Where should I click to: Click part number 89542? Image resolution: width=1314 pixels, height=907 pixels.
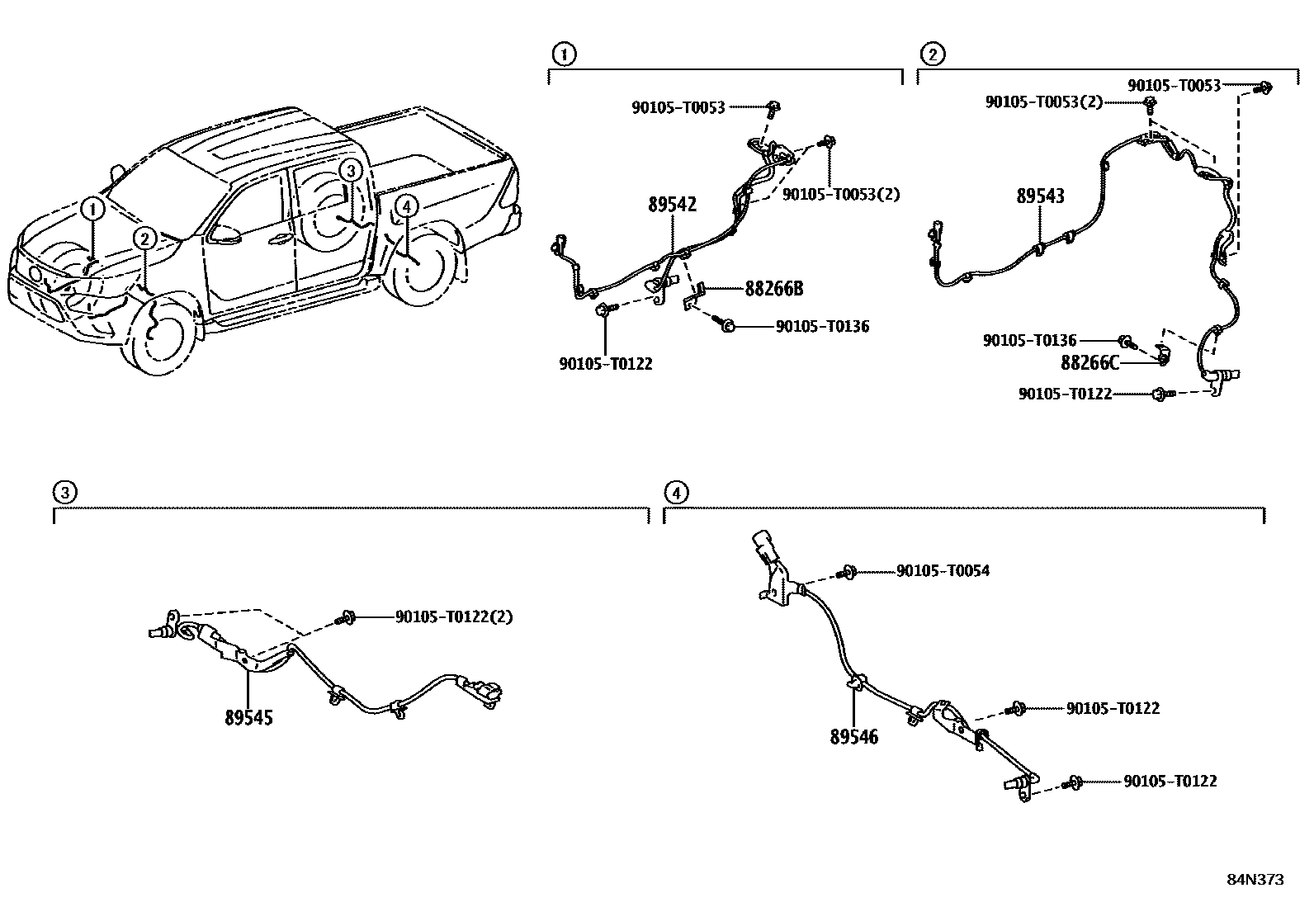tap(671, 204)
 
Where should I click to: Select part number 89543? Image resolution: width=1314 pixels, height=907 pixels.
tap(1040, 196)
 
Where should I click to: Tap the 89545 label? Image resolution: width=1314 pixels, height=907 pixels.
tap(248, 717)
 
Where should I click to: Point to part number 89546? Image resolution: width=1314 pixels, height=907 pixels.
tap(854, 737)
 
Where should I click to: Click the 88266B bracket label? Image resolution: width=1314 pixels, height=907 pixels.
tap(773, 289)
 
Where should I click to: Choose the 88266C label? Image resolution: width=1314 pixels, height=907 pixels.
tap(1089, 361)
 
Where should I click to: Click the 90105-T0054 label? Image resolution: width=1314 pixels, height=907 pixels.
tap(943, 571)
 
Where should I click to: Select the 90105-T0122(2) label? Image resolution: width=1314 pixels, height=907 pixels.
tap(454, 616)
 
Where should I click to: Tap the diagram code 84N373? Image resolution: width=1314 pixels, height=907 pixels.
tap(1255, 880)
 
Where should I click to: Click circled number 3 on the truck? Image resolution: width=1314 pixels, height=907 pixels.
tap(351, 171)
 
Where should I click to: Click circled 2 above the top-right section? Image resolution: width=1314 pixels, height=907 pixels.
tap(932, 54)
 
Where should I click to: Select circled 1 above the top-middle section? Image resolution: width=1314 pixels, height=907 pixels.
tap(564, 54)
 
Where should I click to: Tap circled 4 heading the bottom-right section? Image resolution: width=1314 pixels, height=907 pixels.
tap(675, 494)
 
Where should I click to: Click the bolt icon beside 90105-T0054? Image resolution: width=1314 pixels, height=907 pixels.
tap(848, 572)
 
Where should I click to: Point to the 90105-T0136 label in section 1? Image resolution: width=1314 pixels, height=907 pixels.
tap(822, 327)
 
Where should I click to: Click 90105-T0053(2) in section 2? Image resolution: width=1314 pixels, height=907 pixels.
tap(1043, 102)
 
